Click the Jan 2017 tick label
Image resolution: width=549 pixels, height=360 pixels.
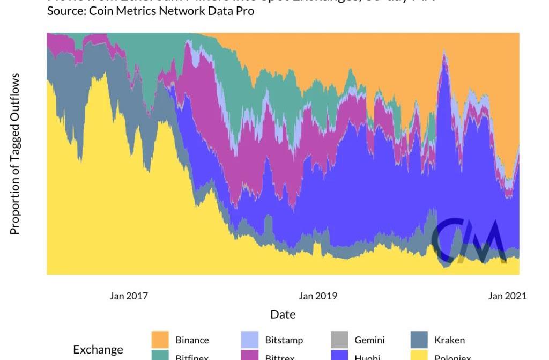(129, 296)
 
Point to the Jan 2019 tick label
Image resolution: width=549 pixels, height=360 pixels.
(318, 296)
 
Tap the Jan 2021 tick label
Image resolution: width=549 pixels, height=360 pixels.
(507, 296)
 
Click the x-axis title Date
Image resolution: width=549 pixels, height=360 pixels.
(283, 314)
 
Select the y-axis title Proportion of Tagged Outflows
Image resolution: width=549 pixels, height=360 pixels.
(15, 154)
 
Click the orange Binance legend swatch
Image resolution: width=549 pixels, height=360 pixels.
(160, 340)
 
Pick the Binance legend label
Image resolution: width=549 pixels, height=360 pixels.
(192, 340)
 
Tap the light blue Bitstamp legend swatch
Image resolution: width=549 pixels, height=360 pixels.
(249, 340)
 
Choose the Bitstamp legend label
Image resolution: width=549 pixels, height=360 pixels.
(284, 340)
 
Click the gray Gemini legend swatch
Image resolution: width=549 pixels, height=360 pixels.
(339, 340)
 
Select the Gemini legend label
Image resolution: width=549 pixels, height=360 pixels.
(369, 340)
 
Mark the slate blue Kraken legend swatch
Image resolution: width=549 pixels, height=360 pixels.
(419, 340)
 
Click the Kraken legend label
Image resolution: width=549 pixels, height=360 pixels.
(449, 340)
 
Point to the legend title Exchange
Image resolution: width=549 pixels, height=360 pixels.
(98, 350)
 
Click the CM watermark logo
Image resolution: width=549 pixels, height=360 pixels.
(469, 241)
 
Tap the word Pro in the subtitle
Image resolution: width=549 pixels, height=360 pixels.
(244, 11)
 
